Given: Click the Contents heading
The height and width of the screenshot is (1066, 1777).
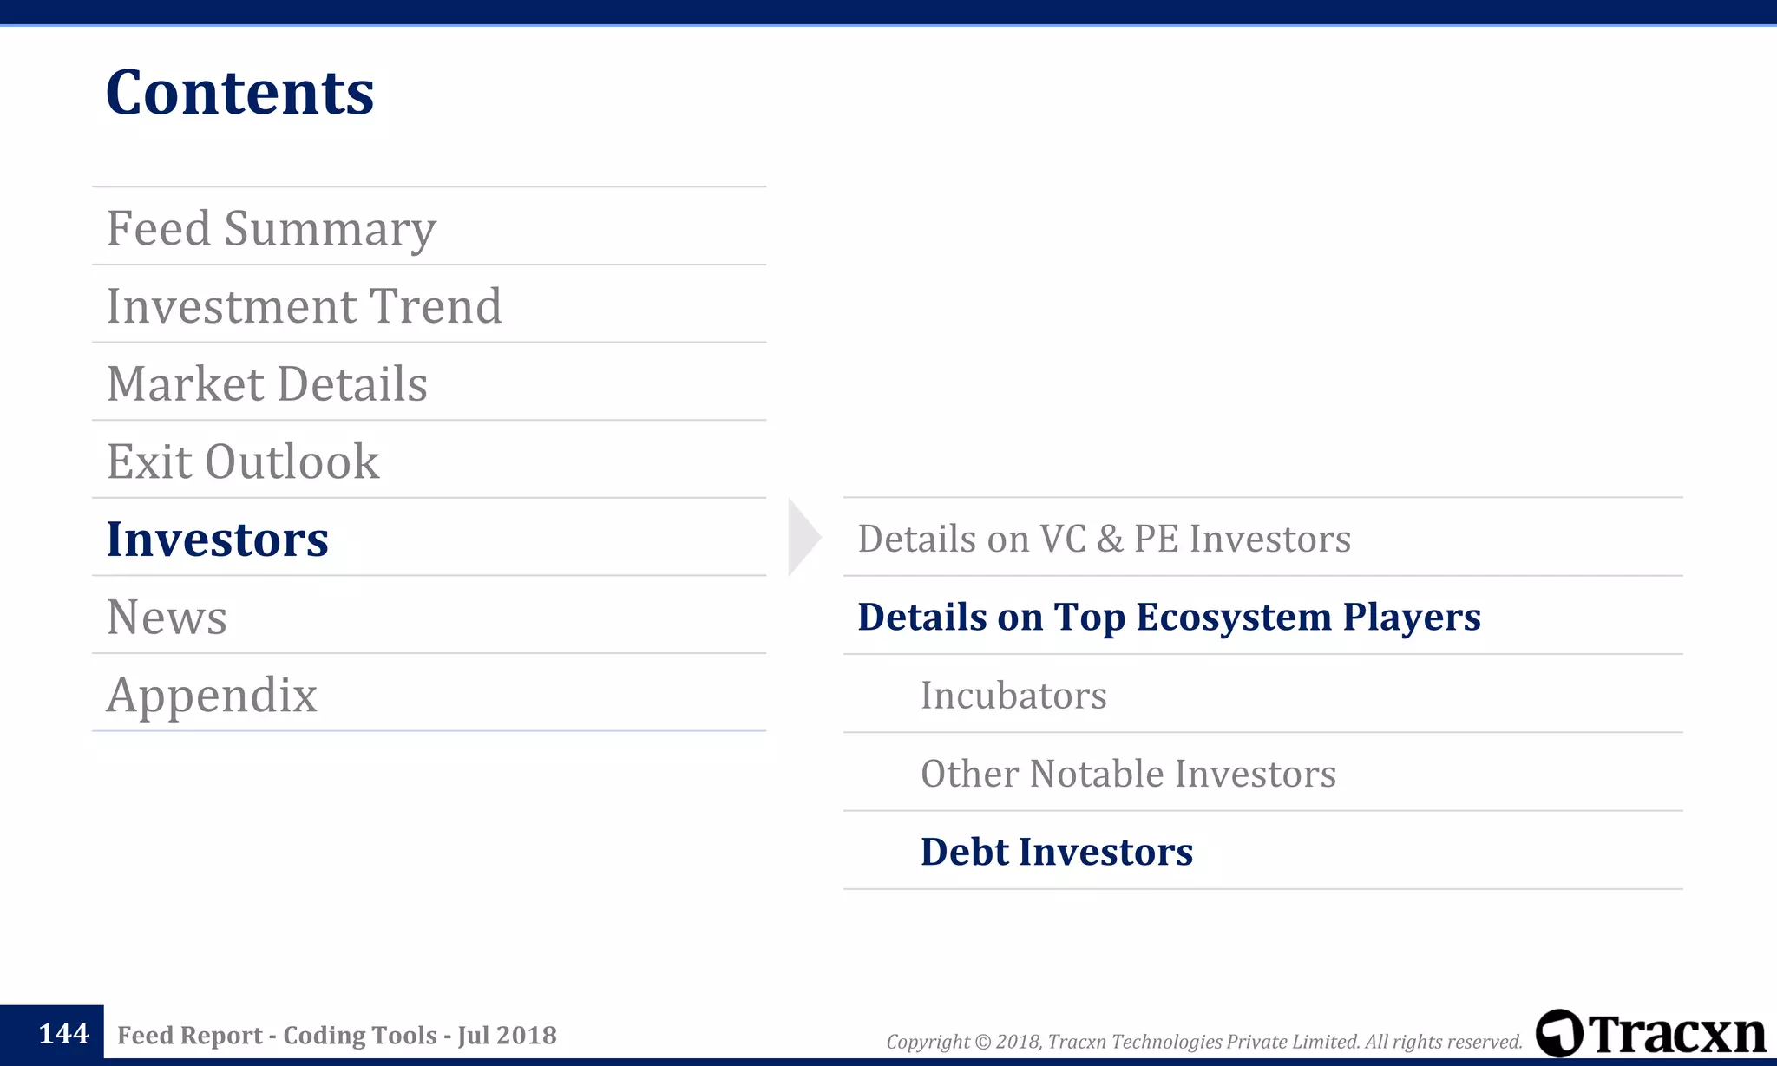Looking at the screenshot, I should click(x=239, y=92).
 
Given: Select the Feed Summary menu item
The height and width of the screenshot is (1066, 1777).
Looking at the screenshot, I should click(x=271, y=228).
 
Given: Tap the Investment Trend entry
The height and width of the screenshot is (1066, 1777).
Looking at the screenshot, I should click(x=304, y=306).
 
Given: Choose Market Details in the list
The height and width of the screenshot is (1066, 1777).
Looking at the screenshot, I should click(x=266, y=383).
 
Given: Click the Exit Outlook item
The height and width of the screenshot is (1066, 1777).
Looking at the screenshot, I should click(x=243, y=461).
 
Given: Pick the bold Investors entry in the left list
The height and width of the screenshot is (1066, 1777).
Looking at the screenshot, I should click(x=217, y=539).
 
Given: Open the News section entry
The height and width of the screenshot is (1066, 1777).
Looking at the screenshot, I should click(x=167, y=617).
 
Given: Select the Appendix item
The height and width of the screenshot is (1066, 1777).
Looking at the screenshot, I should click(x=212, y=695).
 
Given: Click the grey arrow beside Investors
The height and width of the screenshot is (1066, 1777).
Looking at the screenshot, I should click(x=803, y=537).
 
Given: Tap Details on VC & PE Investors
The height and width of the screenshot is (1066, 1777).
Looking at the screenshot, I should click(x=1104, y=539).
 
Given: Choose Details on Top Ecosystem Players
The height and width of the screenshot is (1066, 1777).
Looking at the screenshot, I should click(x=1169, y=617).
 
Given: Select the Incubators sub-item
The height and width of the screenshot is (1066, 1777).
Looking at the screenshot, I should click(x=1013, y=695).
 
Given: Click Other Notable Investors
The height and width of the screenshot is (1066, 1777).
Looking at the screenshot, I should click(x=1128, y=773).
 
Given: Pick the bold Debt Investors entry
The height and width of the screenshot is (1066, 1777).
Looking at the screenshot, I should click(x=1056, y=852).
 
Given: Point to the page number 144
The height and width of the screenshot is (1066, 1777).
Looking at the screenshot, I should click(x=63, y=1034).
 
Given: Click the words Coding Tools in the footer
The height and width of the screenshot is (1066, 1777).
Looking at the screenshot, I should click(x=360, y=1036).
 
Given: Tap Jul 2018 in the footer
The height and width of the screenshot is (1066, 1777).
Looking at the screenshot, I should click(x=507, y=1036).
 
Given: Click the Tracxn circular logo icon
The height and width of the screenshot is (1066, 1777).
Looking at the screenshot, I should click(x=1559, y=1033).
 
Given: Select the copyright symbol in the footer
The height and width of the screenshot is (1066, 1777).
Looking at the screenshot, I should click(x=982, y=1042).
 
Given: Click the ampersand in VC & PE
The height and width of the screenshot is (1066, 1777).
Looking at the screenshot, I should click(x=1109, y=540).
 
